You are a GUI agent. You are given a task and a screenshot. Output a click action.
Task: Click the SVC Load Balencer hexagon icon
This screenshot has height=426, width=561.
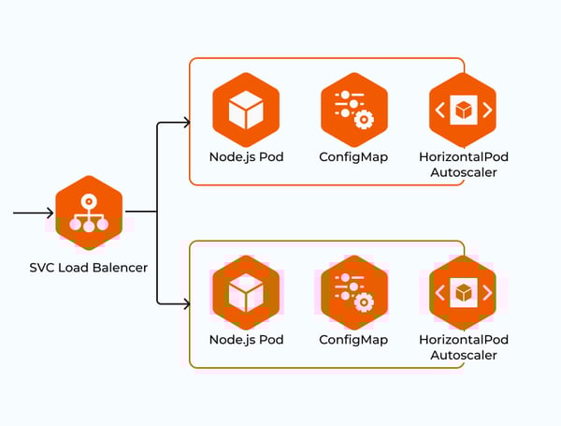click(x=90, y=213)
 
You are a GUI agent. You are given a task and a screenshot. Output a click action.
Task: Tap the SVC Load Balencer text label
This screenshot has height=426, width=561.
click(x=89, y=269)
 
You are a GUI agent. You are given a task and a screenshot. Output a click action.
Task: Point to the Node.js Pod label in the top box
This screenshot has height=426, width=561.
click(x=246, y=156)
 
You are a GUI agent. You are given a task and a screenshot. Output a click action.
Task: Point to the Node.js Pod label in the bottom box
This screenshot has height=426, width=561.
click(x=246, y=339)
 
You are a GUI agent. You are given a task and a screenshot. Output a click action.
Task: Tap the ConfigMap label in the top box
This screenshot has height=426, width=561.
click(x=353, y=156)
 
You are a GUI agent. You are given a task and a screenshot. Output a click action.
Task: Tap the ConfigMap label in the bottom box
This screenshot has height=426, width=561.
click(x=353, y=339)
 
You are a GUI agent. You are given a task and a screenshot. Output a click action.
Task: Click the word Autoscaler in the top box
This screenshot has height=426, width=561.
click(x=463, y=172)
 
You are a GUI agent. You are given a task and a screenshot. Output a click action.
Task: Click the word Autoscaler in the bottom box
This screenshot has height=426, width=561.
click(x=463, y=355)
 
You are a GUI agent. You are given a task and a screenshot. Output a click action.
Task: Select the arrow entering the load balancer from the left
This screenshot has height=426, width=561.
click(x=32, y=213)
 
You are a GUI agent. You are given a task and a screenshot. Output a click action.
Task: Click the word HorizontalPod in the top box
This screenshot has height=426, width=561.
click(x=463, y=156)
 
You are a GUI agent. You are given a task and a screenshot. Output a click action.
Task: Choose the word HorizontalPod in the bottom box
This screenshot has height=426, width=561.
click(x=463, y=339)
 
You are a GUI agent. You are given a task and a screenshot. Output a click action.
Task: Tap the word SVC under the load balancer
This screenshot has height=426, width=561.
click(x=43, y=269)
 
